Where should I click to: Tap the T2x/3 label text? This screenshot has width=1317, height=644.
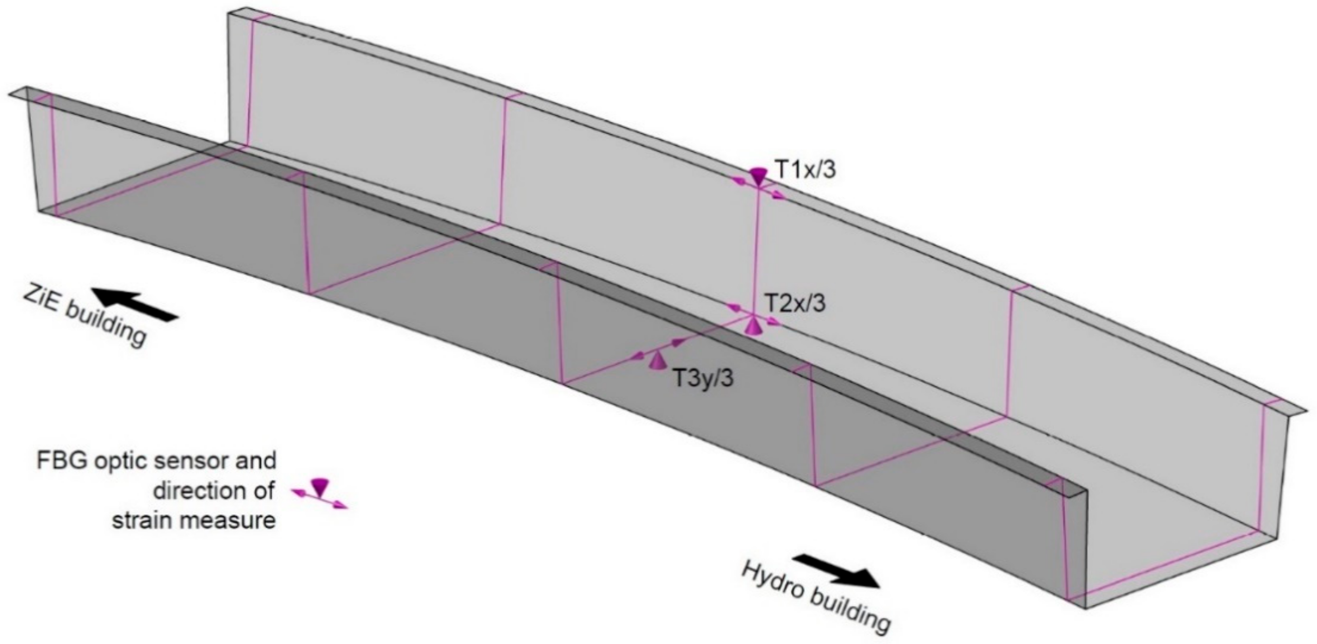click(x=794, y=303)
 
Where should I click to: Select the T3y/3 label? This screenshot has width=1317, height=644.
click(x=703, y=379)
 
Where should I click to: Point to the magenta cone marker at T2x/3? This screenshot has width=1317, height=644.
click(x=753, y=326)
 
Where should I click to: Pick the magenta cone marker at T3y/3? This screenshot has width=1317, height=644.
click(x=656, y=361)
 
